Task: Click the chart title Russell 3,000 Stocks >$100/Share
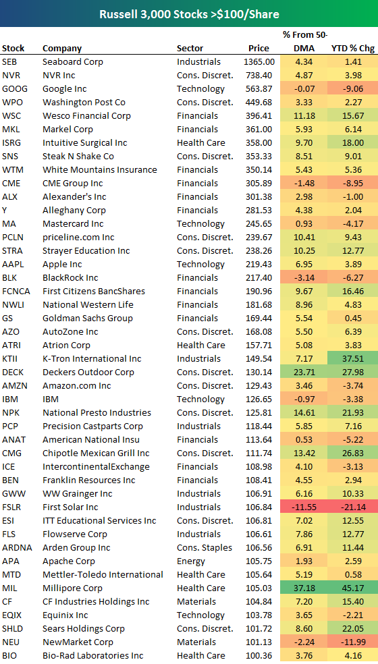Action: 188,13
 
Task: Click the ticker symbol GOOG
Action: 15,88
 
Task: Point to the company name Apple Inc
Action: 62,264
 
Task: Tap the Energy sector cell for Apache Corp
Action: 191,561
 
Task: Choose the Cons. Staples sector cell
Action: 205,547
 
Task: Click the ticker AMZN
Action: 15,385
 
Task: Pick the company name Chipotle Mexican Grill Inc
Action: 96,453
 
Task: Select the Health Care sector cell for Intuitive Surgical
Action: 200,142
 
